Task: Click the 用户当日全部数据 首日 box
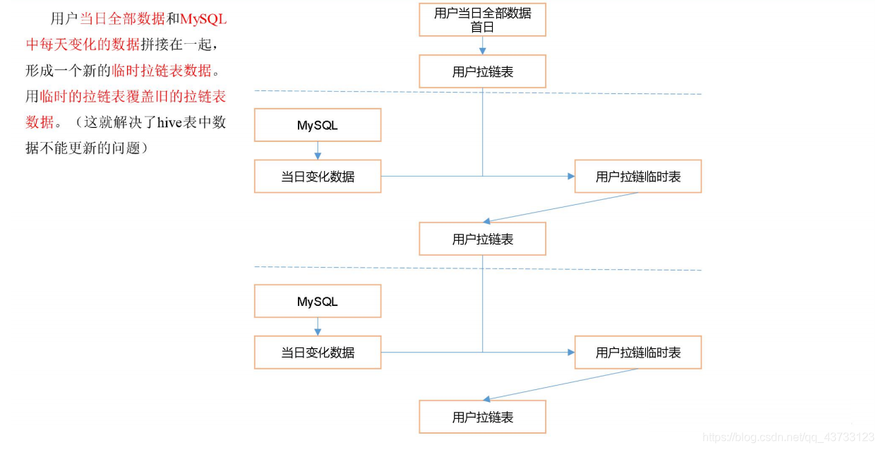pyautogui.click(x=482, y=19)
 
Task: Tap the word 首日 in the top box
pyautogui.click(x=482, y=28)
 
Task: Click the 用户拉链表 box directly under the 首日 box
pyautogui.click(x=482, y=71)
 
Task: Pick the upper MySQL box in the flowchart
pyautogui.click(x=318, y=125)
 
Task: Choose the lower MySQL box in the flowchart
pyautogui.click(x=318, y=301)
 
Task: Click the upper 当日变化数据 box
pyautogui.click(x=318, y=176)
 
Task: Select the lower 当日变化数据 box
pyautogui.click(x=318, y=352)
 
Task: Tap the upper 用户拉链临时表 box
pyautogui.click(x=637, y=176)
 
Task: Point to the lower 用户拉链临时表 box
pyautogui.click(x=637, y=352)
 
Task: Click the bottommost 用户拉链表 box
pyautogui.click(x=482, y=417)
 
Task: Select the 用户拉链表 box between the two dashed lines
pyautogui.click(x=482, y=239)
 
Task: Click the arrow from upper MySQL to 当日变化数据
pyautogui.click(x=318, y=150)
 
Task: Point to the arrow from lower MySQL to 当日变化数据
pyautogui.click(x=318, y=326)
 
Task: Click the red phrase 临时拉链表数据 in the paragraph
pyautogui.click(x=162, y=71)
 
